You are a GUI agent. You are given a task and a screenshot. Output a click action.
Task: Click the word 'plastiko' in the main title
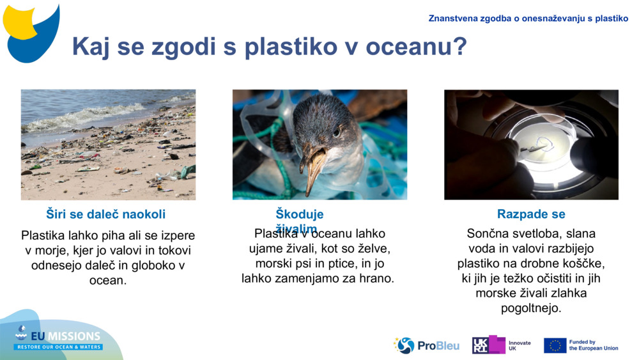(x=287, y=47)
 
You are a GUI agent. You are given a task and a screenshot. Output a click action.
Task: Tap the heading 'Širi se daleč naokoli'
(x=106, y=214)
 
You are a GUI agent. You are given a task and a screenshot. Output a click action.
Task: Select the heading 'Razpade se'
(x=531, y=214)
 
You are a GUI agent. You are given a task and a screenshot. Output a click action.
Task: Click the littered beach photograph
(x=108, y=145)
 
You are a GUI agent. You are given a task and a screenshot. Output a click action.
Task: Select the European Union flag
(x=555, y=345)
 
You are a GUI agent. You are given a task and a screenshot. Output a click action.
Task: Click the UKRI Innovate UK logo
(x=501, y=345)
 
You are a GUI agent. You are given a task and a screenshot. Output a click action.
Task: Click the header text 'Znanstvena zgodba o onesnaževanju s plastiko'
(x=528, y=19)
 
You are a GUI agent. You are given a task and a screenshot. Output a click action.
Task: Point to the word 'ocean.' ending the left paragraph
(x=108, y=280)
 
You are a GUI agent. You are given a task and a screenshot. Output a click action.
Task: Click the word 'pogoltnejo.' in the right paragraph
(x=531, y=308)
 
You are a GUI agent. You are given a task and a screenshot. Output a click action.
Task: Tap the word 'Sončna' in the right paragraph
(x=488, y=233)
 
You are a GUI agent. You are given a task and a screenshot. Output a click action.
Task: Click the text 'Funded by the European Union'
(x=593, y=345)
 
